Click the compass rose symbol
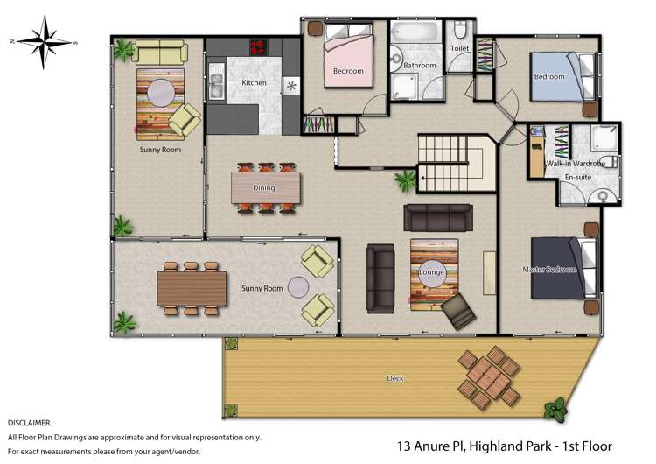tap(43, 41)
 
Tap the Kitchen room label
tap(254, 83)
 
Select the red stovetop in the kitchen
tap(258, 48)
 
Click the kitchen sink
tap(216, 84)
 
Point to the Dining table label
tap(264, 187)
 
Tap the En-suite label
tap(577, 178)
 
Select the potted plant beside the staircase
tap(405, 181)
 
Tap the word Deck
tap(395, 378)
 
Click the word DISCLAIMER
tap(29, 422)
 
